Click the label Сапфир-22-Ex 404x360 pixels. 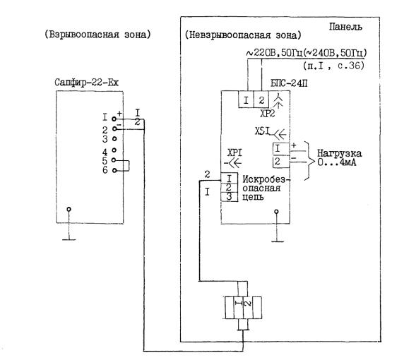(x=87, y=83)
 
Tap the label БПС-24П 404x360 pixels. (x=289, y=83)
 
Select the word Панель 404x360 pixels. (x=345, y=27)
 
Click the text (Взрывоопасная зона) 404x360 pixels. (x=97, y=35)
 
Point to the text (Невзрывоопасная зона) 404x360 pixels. (x=243, y=35)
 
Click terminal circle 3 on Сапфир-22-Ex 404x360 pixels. (x=114, y=139)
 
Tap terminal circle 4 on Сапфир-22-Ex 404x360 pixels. (x=114, y=150)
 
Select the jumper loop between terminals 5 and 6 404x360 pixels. (x=129, y=165)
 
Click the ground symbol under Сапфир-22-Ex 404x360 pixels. (x=69, y=224)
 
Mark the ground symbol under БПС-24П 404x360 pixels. (x=277, y=227)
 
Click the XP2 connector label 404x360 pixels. (x=268, y=114)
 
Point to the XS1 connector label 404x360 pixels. (x=263, y=131)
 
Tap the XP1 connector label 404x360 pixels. (x=234, y=153)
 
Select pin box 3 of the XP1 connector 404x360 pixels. (x=229, y=197)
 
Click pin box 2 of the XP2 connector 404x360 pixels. (x=261, y=100)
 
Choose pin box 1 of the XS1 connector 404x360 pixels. (x=281, y=149)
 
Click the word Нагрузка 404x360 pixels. (x=339, y=153)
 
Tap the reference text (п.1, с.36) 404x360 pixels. (x=334, y=66)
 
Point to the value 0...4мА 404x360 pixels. (x=336, y=162)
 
